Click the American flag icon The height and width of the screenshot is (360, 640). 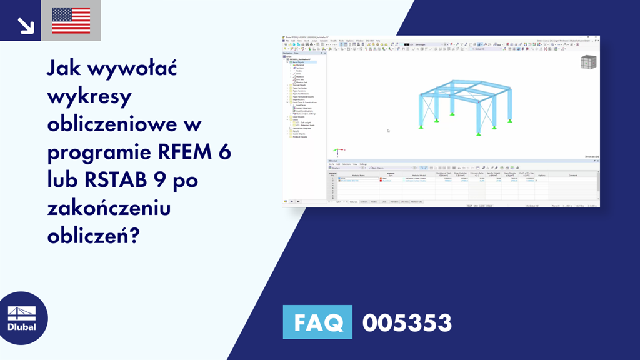(71, 21)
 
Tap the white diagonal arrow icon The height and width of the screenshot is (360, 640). (25, 24)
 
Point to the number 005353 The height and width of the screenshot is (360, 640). (407, 322)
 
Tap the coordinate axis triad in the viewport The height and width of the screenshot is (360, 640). (338, 151)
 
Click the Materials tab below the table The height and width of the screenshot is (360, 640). (354, 202)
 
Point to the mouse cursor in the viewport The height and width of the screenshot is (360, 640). (388, 130)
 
